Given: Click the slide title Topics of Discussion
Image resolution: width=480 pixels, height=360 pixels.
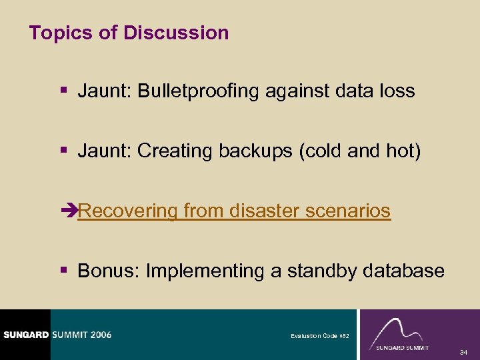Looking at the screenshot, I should coord(129,33).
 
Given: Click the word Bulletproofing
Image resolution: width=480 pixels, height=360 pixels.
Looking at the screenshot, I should coord(197,91).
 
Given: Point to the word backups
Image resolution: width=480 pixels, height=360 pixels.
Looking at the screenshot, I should coord(257,151).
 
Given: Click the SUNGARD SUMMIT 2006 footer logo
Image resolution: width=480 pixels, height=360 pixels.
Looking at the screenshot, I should coord(57,335).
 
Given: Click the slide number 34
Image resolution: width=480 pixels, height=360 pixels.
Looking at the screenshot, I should coord(464,352).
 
